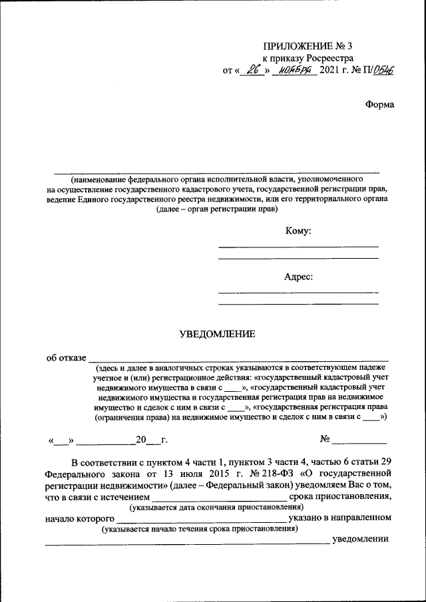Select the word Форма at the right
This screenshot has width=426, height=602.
pyautogui.click(x=379, y=104)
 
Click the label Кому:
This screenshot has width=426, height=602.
pyautogui.click(x=298, y=231)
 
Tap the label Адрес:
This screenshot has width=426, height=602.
pyautogui.click(x=298, y=277)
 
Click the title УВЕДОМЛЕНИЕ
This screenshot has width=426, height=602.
pyautogui.click(x=217, y=335)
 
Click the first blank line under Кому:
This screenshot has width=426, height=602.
pyautogui.click(x=298, y=247)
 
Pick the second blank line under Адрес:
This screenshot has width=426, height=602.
pyautogui.click(x=298, y=304)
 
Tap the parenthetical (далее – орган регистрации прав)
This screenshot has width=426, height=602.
pyautogui.click(x=217, y=209)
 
